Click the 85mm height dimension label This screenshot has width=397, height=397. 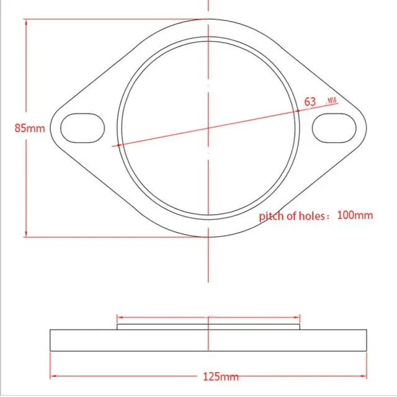tap(30, 128)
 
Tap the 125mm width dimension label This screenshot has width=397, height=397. tap(221, 377)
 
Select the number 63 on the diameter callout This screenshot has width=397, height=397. tap(310, 102)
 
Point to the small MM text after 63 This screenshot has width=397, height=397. tap(332, 101)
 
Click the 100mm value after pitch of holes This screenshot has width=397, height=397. tap(355, 215)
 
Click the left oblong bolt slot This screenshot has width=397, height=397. tap(83, 128)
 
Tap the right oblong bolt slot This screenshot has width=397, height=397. tap(334, 128)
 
